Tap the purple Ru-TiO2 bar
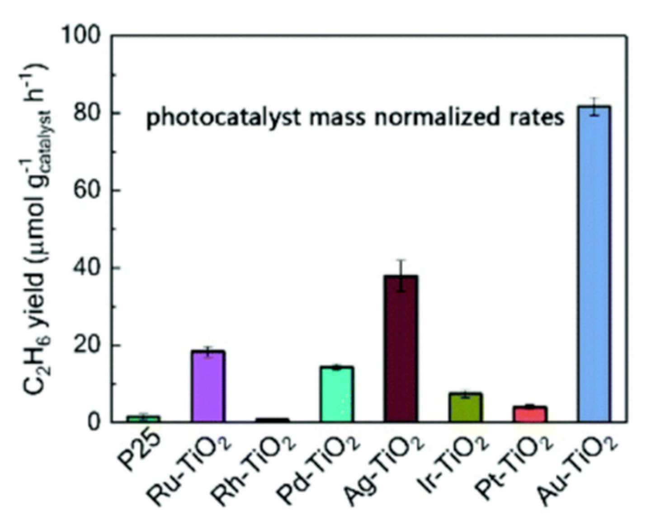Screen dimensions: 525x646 coord(208,386)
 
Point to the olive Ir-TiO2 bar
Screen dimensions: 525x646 coord(465,408)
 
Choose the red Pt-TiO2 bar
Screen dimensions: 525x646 coord(530,414)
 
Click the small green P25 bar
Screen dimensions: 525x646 coord(143,419)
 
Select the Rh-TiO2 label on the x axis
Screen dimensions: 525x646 coord(255,470)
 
